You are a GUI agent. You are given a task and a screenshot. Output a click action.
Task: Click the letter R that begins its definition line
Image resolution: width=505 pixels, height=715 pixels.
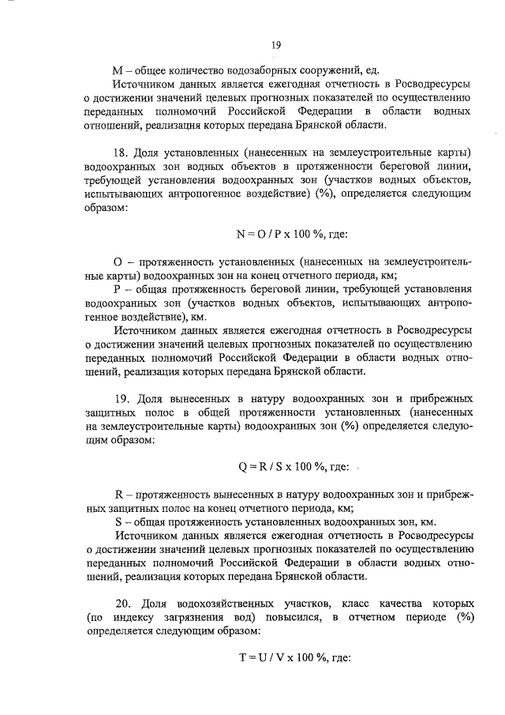(x=118, y=495)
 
